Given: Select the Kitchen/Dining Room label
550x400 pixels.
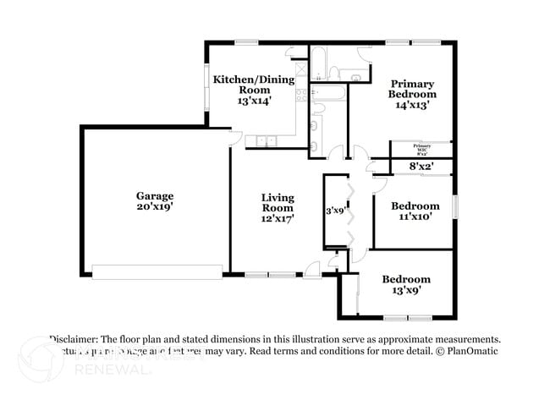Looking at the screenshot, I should pyautogui.click(x=253, y=85).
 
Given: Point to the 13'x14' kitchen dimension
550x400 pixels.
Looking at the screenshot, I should pyautogui.click(x=253, y=100).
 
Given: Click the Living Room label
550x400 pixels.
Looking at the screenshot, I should pyautogui.click(x=277, y=202).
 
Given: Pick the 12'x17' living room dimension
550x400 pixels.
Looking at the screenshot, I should pyautogui.click(x=277, y=218).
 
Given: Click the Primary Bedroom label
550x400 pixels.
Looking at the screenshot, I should pyautogui.click(x=412, y=89).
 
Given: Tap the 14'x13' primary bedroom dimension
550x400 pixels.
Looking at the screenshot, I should pyautogui.click(x=412, y=106).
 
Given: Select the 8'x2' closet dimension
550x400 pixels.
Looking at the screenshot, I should pyautogui.click(x=421, y=167).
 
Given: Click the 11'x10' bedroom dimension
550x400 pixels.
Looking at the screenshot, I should pyautogui.click(x=415, y=216).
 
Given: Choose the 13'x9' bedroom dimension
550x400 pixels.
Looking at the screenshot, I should pyautogui.click(x=405, y=290).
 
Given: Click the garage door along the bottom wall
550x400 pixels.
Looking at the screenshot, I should pyautogui.click(x=157, y=271).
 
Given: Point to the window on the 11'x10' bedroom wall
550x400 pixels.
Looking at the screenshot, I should pyautogui.click(x=454, y=206).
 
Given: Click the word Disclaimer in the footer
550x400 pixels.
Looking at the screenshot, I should pyautogui.click(x=78, y=337).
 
